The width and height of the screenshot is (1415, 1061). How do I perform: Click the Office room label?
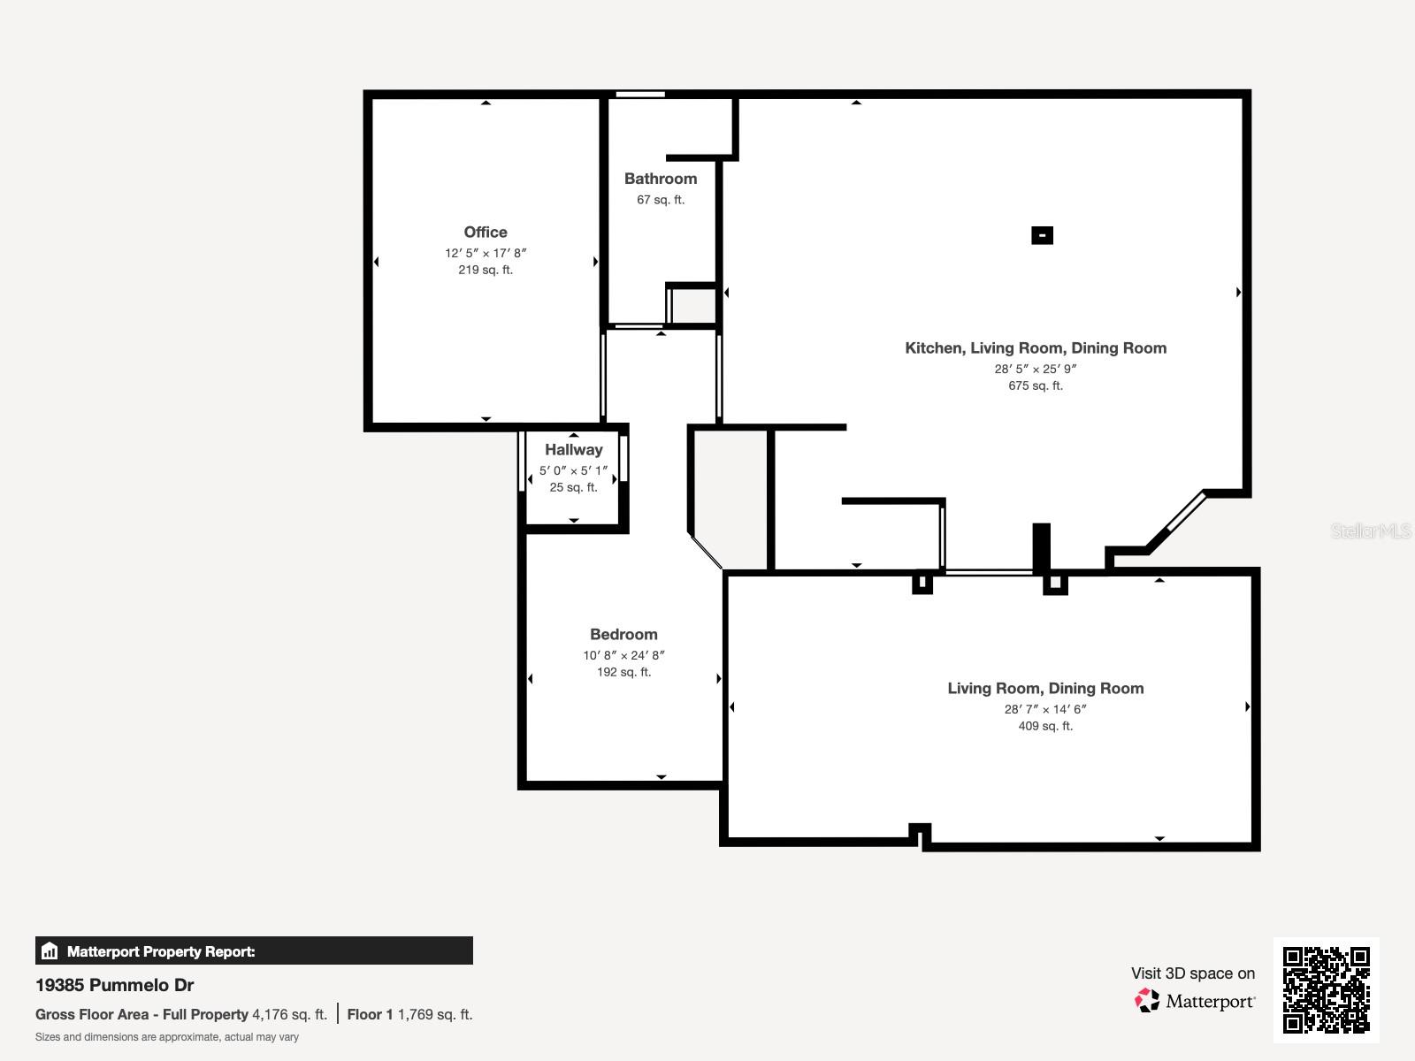pos(486,233)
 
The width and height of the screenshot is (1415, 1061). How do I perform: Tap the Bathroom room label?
pos(661,179)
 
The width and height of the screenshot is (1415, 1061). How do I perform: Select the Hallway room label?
pos(573,450)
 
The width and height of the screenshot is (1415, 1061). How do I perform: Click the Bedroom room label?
pos(623,635)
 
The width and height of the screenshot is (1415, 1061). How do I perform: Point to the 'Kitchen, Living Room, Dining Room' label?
pos(1036,348)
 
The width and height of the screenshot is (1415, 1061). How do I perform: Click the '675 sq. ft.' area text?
pos(1036,386)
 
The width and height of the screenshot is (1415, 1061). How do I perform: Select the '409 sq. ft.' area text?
pos(1045,726)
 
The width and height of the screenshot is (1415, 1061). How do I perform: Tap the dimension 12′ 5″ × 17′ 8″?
pos(486,254)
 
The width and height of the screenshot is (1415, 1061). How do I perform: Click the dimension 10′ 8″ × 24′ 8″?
pos(623,656)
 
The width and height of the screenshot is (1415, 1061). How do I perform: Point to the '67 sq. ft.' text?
pos(661,200)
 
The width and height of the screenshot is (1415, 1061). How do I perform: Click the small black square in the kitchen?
pos(1042,235)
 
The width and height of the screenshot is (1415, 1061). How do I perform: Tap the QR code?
pos(1326,989)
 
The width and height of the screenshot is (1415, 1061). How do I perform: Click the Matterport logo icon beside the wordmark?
pos(1147,1001)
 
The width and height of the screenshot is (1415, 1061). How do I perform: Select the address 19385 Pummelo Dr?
pos(114,985)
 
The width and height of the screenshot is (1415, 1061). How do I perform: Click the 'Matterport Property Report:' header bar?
pos(254,951)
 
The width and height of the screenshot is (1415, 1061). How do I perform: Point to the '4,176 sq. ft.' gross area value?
pos(289,1015)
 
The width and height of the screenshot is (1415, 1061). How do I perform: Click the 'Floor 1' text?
pos(369,1015)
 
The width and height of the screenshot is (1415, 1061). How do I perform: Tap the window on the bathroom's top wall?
pos(640,95)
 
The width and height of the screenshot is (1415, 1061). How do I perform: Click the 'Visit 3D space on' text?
pos(1192,973)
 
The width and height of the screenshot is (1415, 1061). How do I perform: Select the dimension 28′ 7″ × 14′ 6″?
pos(1045,709)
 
